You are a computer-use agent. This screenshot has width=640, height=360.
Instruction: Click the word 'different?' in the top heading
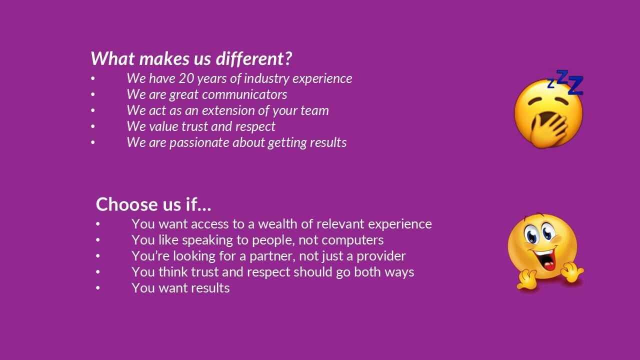click(254, 58)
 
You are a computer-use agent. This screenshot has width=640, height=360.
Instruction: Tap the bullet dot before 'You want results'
click(98, 288)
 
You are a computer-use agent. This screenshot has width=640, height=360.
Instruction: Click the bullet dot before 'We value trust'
click(93, 126)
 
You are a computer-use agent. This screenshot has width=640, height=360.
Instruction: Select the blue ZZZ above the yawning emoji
click(565, 82)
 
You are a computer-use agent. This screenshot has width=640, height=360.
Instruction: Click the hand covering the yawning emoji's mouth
click(548, 130)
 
